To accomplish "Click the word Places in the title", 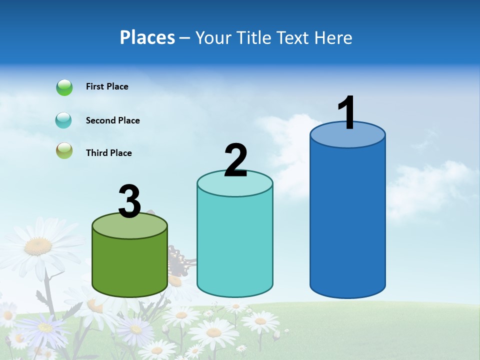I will (x=147, y=37).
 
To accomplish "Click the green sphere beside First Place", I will (x=64, y=87).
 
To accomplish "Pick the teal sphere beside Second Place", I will (x=64, y=120).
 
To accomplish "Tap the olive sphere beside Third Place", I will (x=64, y=150).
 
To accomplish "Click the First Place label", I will (x=107, y=86).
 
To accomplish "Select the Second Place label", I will (x=112, y=120).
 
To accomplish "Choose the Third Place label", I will (x=108, y=153).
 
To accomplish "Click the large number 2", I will (x=235, y=160).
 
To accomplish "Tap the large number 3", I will (x=129, y=201).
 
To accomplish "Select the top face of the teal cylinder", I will (x=235, y=187).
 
